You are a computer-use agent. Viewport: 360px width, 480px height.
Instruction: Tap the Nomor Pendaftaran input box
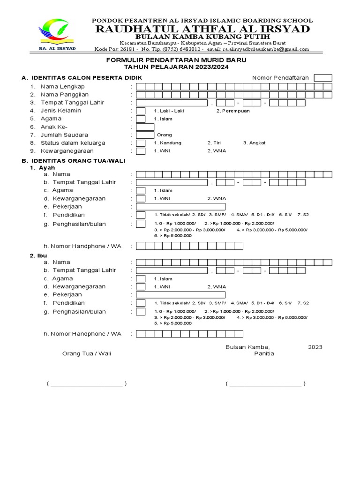pos(323,78)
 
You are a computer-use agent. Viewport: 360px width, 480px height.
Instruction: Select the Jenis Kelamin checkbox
pos(141,111)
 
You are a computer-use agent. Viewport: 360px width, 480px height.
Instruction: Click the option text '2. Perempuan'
pos(233,111)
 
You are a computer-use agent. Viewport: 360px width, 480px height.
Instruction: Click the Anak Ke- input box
pos(145,127)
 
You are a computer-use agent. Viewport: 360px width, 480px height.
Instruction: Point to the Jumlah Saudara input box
pos(145,135)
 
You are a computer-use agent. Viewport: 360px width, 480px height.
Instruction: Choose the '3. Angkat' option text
pos(254,143)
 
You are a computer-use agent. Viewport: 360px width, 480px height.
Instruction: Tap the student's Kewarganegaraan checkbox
pos(141,151)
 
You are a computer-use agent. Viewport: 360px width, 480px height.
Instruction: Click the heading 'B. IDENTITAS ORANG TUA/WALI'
pos(73,160)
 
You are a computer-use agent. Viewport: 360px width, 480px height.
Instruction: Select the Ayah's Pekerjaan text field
pos(180,207)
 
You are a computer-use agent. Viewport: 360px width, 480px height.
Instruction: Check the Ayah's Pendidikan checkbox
pos(141,215)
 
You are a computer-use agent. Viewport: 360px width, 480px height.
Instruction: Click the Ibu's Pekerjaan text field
pos(180,295)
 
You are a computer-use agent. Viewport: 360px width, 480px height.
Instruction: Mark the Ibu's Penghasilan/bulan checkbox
pos(141,312)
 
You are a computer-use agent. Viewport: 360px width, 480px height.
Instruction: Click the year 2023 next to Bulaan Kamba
pos(315,347)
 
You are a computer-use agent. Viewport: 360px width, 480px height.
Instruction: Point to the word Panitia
pos(264,353)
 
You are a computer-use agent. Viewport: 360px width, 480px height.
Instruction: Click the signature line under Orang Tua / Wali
pos(87,384)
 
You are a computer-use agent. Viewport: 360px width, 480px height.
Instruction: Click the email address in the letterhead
pos(266,49)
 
